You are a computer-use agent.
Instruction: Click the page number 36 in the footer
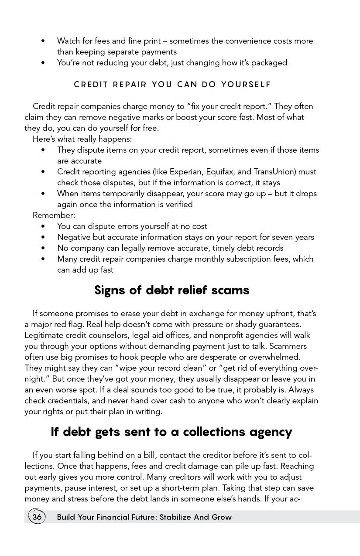click(x=37, y=517)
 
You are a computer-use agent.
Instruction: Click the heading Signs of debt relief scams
click(x=171, y=290)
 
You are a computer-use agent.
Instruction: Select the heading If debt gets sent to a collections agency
click(x=171, y=432)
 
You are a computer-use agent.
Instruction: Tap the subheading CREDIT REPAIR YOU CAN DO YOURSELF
click(x=172, y=85)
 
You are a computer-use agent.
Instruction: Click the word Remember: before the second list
click(x=54, y=215)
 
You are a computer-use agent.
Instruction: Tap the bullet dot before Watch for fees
click(x=43, y=41)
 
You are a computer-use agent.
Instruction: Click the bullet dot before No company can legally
click(x=43, y=248)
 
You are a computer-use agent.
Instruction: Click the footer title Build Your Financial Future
click(x=144, y=518)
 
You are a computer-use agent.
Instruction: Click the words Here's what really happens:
click(x=82, y=139)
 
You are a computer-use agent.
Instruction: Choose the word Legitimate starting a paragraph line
click(x=45, y=335)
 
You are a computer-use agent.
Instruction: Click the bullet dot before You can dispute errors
click(x=43, y=226)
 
